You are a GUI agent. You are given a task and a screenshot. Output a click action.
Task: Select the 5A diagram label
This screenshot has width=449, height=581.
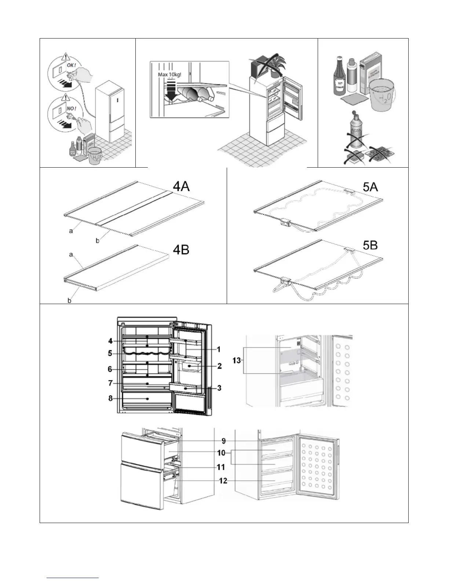[x=370, y=187]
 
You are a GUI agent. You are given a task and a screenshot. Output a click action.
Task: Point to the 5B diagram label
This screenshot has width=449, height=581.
[x=370, y=245]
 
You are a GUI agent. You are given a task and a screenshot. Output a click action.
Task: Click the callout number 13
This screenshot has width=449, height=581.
[x=237, y=360]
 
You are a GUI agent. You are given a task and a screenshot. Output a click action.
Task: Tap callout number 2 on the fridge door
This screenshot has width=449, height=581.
[x=219, y=366]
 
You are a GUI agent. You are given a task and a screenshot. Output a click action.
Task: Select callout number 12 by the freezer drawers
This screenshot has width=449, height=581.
[x=223, y=480]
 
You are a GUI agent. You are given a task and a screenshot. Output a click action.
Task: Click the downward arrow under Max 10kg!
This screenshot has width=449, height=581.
[x=171, y=91]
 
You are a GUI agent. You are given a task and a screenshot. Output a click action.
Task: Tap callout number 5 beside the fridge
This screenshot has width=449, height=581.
[x=110, y=354]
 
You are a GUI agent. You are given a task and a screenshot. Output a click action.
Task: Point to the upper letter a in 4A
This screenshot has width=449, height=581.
[x=71, y=231]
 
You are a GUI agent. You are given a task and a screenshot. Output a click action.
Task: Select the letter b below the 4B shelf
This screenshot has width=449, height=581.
[x=69, y=300]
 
